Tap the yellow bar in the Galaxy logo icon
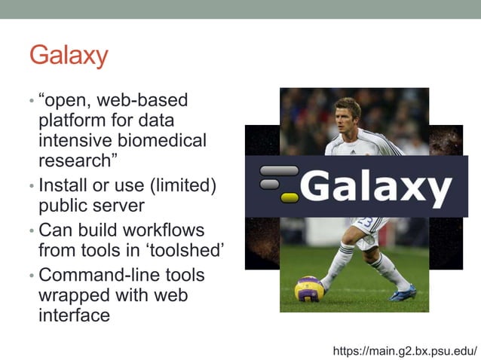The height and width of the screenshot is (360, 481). (290, 198)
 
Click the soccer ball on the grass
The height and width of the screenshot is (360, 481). (309, 288)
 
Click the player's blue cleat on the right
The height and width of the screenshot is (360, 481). (403, 293)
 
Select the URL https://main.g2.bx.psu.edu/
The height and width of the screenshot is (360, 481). (405, 351)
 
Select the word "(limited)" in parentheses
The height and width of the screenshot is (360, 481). (180, 185)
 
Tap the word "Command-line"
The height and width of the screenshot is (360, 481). (94, 276)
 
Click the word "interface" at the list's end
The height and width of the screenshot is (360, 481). (74, 315)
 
